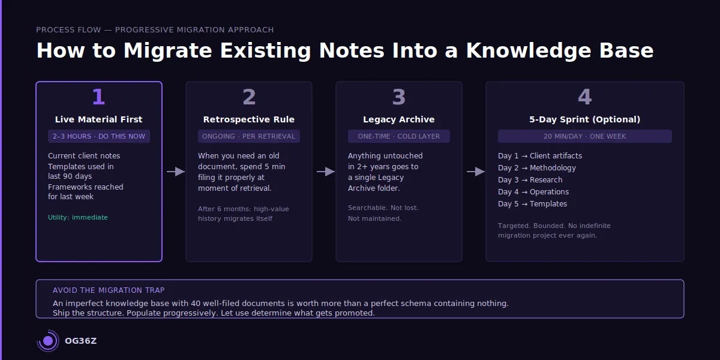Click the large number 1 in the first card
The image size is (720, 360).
click(98, 97)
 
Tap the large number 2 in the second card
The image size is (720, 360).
click(249, 97)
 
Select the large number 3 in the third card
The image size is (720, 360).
click(399, 97)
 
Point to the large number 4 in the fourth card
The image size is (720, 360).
click(585, 97)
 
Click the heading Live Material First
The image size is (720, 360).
click(99, 119)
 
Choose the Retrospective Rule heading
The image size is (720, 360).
click(249, 119)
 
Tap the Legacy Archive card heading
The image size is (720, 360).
click(399, 119)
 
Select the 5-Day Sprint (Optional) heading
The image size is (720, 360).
click(585, 119)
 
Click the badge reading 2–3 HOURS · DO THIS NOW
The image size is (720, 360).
click(99, 136)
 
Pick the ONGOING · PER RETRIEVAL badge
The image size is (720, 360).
click(249, 136)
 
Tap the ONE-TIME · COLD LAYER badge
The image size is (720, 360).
click(399, 136)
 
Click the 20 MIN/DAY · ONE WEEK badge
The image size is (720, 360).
click(585, 136)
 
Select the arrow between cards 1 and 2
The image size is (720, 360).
click(176, 172)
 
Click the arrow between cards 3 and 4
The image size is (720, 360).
click(476, 172)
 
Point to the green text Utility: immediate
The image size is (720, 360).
click(78, 217)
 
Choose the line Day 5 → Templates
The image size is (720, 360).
click(533, 204)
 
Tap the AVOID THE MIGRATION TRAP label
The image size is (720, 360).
click(109, 290)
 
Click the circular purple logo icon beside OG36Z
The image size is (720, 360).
click(48, 341)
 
